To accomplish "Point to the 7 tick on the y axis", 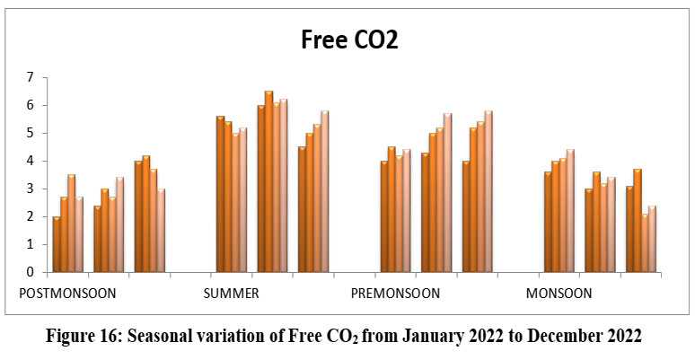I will click(30, 78).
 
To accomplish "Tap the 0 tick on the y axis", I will click(30, 272).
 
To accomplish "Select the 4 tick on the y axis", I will click(30, 161).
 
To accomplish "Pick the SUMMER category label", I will click(232, 294).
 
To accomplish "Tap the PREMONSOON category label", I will click(396, 294).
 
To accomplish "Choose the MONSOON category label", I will click(559, 294).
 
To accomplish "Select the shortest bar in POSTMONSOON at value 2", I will click(57, 244).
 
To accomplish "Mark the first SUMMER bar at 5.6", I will click(220, 194).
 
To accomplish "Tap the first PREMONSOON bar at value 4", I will click(383, 216).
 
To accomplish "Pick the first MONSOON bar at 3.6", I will click(548, 222).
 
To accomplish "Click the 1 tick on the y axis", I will click(30, 244).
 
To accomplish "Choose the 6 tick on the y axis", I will click(30, 106).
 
